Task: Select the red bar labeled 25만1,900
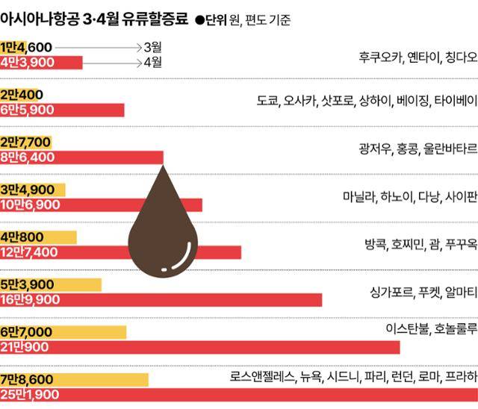pos(239,394)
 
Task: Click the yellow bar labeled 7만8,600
pos(75,380)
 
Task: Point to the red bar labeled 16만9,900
pos(161,299)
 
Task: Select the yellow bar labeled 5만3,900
pos(51,284)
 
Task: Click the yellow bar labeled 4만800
pos(39,237)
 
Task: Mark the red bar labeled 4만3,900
pos(41,63)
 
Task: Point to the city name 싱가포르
pos(391,291)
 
